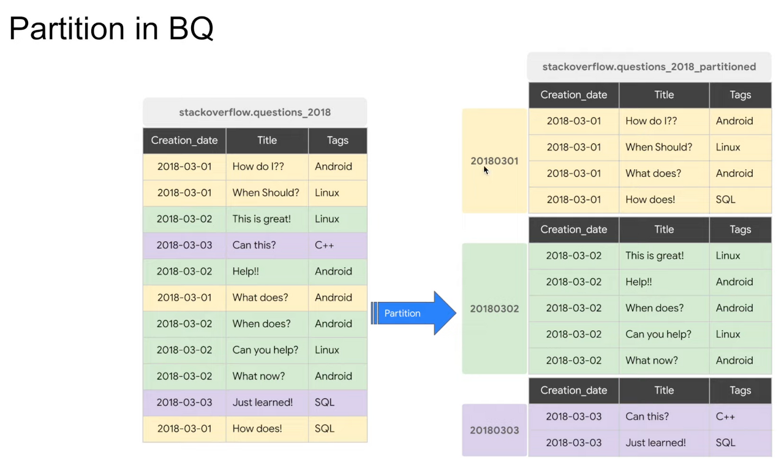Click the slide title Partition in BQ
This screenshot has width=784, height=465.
click(111, 28)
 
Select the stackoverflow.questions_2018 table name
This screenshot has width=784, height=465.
click(255, 112)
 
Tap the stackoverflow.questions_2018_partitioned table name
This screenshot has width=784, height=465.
click(649, 67)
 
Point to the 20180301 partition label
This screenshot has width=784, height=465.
click(494, 161)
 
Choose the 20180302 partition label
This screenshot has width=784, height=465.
click(494, 308)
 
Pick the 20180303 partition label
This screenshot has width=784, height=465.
click(494, 430)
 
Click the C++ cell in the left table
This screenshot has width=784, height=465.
click(325, 245)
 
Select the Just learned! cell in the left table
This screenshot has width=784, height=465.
click(263, 403)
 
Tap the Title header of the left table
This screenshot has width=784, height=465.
click(267, 140)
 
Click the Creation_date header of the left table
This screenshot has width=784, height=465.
click(184, 140)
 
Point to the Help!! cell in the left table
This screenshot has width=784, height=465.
click(246, 271)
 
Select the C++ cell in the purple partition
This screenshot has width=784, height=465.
click(725, 417)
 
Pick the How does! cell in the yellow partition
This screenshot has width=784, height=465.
click(650, 200)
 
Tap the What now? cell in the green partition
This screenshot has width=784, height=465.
click(652, 360)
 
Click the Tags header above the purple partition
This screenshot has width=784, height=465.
click(740, 390)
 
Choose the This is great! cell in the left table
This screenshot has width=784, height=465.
click(262, 219)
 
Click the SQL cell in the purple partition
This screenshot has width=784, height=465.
click(725, 442)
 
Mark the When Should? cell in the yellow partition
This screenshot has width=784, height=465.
click(659, 147)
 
